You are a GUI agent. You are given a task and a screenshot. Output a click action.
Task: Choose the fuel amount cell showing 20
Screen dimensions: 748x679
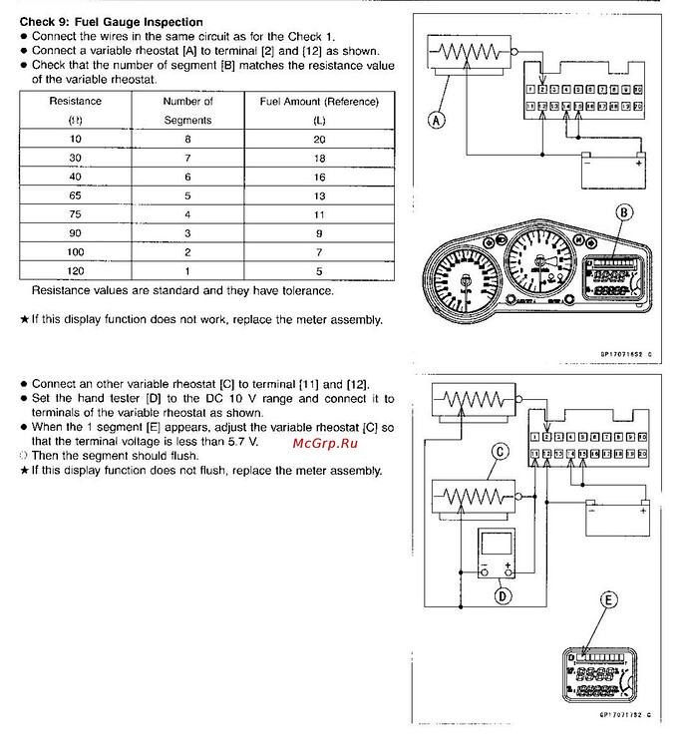pyautogui.click(x=319, y=139)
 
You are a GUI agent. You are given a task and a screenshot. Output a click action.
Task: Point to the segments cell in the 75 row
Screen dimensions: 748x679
pyautogui.click(x=188, y=214)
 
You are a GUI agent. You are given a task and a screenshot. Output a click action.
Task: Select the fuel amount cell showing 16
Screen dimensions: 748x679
pyautogui.click(x=319, y=177)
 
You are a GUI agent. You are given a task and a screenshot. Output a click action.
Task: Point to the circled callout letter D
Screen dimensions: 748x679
pyautogui.click(x=504, y=596)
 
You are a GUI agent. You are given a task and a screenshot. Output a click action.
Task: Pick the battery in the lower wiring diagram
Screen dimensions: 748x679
pyautogui.click(x=616, y=518)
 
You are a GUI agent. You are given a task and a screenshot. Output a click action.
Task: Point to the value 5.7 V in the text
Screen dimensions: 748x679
pyautogui.click(x=240, y=440)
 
